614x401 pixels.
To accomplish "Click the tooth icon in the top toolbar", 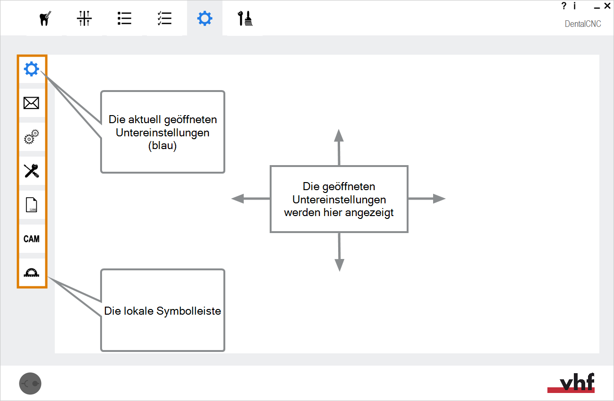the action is (45, 18).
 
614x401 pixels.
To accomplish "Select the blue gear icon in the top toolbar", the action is (205, 18).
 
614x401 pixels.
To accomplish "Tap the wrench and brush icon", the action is (245, 18).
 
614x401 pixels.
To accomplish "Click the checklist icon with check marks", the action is (165, 18).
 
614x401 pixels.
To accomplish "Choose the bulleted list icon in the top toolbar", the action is (124, 18).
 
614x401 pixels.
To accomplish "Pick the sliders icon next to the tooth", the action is (85, 18).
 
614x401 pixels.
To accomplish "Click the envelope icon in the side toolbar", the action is (31, 103).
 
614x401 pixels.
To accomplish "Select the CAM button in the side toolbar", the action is (31, 239).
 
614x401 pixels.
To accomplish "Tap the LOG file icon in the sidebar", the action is (31, 205).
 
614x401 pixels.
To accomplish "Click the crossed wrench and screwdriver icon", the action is (31, 171).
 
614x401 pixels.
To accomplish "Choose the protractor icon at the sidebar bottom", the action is (31, 273).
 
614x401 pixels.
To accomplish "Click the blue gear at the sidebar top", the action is (32, 69).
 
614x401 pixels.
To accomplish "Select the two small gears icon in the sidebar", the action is (31, 137).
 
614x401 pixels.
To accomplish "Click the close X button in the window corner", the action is (607, 6).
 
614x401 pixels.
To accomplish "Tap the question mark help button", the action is (564, 6).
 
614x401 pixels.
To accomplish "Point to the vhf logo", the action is (571, 383).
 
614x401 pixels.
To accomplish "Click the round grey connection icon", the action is (30, 384).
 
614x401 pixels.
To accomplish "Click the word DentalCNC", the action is (583, 24).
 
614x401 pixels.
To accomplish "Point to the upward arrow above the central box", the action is (339, 147).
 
